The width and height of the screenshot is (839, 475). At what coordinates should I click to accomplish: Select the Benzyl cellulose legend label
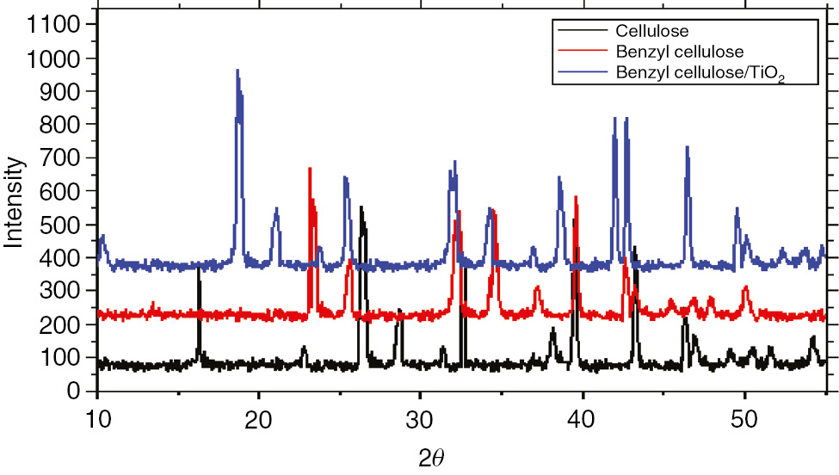pos(680,52)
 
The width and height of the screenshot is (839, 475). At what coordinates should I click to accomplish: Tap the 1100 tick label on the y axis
pos(54,26)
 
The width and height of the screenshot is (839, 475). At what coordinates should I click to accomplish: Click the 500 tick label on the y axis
pos(61,225)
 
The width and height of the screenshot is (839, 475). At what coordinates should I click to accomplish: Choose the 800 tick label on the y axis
pos(61,126)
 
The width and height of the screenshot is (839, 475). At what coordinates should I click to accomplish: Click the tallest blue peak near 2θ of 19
pos(238,71)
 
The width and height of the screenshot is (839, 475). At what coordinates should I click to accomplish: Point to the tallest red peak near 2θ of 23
pos(310,169)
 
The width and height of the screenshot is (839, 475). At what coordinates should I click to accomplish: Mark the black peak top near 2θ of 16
pos(199,268)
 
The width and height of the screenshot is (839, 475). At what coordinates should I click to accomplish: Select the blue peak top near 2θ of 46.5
pos(687,147)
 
